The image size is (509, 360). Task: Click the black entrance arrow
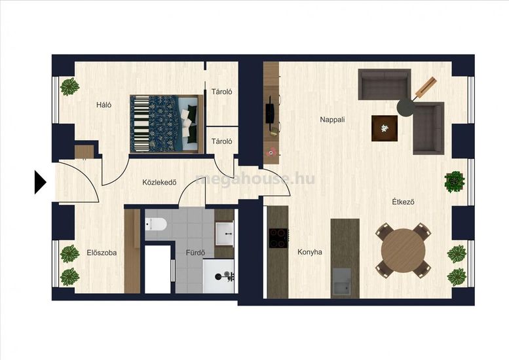(40, 182)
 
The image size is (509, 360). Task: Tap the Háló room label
(104, 105)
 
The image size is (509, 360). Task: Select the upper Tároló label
(221, 92)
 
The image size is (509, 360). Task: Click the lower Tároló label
(221, 141)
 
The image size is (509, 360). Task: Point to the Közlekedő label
(159, 182)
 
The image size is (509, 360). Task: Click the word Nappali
(332, 120)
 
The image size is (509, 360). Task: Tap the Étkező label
(403, 202)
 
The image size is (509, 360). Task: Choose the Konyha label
(310, 252)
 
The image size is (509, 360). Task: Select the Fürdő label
(195, 252)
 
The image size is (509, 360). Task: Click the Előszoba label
(102, 253)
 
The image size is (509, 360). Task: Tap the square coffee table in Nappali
(385, 128)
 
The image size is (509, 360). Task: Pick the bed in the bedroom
(166, 124)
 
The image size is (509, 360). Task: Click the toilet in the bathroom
(156, 224)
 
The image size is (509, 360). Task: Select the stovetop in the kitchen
(278, 238)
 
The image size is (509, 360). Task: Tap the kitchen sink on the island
(341, 281)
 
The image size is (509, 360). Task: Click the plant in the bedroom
(69, 86)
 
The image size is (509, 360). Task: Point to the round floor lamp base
(405, 107)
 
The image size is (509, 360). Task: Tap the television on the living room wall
(270, 113)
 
